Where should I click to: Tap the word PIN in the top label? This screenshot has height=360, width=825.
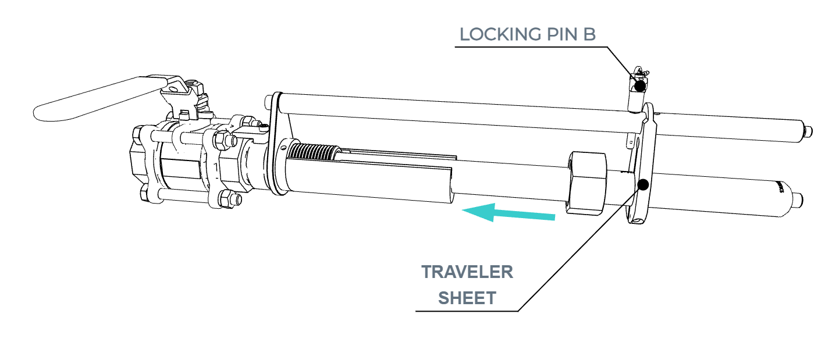563,34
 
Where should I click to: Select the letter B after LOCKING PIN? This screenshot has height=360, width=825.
589,34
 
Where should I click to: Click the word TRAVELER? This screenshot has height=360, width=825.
467,272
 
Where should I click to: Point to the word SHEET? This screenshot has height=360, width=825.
467,298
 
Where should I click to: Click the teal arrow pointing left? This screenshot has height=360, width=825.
508,212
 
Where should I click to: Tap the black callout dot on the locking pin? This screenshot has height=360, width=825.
641,86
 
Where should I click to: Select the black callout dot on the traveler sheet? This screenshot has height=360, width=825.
643,185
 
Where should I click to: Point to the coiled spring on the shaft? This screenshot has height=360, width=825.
312,152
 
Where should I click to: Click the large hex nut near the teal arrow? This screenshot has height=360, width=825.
586,183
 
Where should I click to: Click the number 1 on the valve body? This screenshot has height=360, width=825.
216,167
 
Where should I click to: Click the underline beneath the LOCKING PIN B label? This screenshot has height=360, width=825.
531,47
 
